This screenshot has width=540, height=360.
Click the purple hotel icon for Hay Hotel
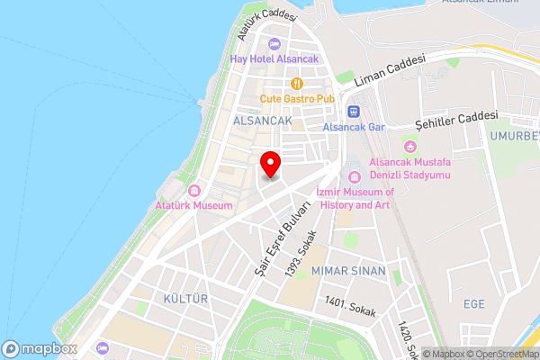tap(274, 44)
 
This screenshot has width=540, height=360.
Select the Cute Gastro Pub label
tap(297, 98)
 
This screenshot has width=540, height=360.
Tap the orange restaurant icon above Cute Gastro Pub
tap(297, 83)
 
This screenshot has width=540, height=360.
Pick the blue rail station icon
tap(353, 112)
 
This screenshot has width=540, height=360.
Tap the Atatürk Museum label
tap(194, 205)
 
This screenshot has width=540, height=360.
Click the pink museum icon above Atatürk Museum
tap(194, 190)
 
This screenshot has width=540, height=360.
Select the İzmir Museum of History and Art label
tap(355, 199)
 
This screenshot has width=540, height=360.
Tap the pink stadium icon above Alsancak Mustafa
tap(410, 146)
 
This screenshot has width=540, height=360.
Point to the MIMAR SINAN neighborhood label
tap(347, 271)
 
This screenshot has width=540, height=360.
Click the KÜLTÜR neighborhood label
tap(185, 298)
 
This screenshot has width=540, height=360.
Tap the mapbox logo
tap(40, 348)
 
